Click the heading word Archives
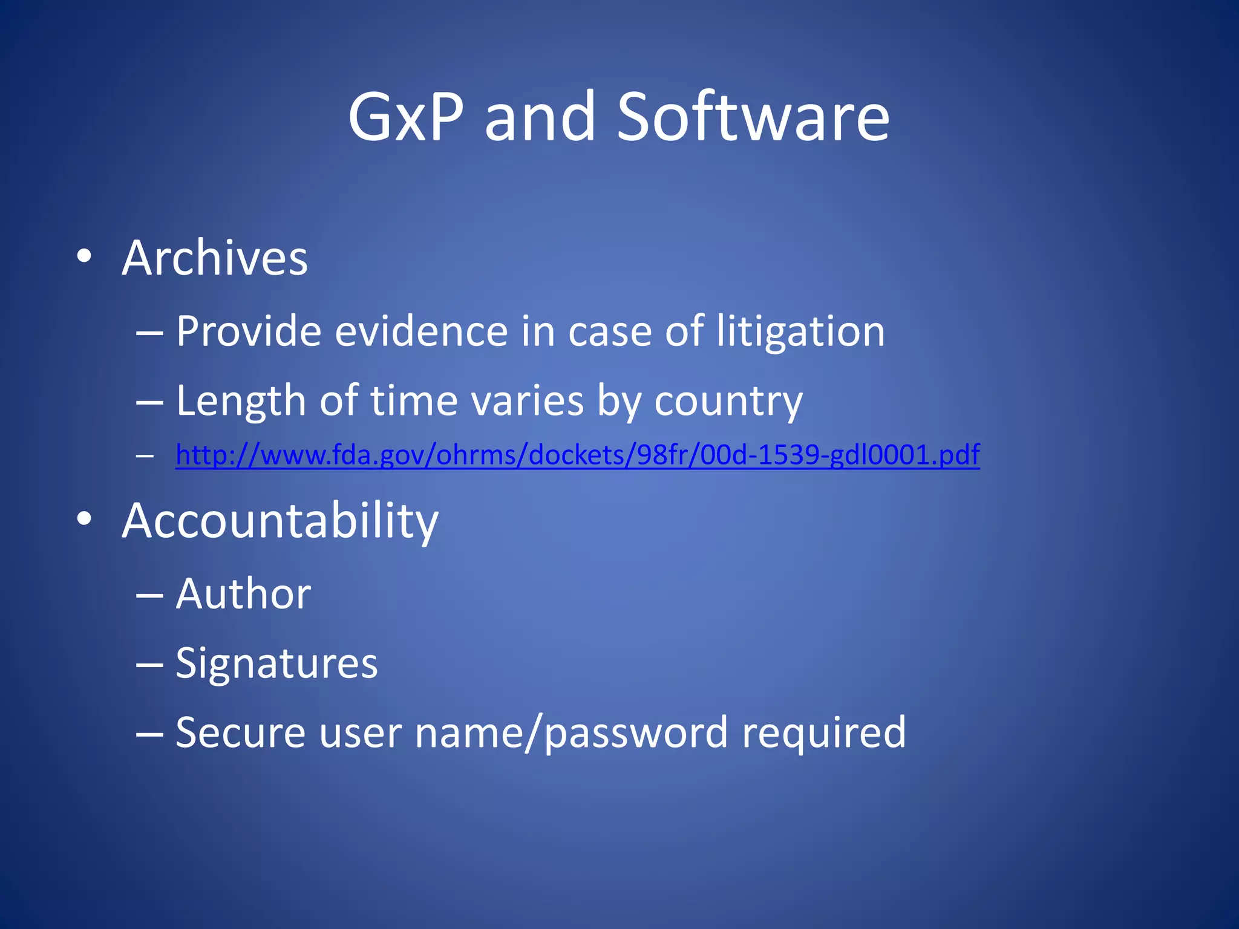tap(215, 258)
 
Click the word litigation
tap(800, 333)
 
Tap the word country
tap(728, 402)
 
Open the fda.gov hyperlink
tap(577, 455)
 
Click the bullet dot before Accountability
tap(84, 518)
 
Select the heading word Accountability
tap(280, 521)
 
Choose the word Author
tap(243, 594)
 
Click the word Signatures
tap(276, 664)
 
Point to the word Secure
tap(241, 733)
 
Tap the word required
tap(824, 733)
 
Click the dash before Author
tap(149, 595)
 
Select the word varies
tap(528, 402)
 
